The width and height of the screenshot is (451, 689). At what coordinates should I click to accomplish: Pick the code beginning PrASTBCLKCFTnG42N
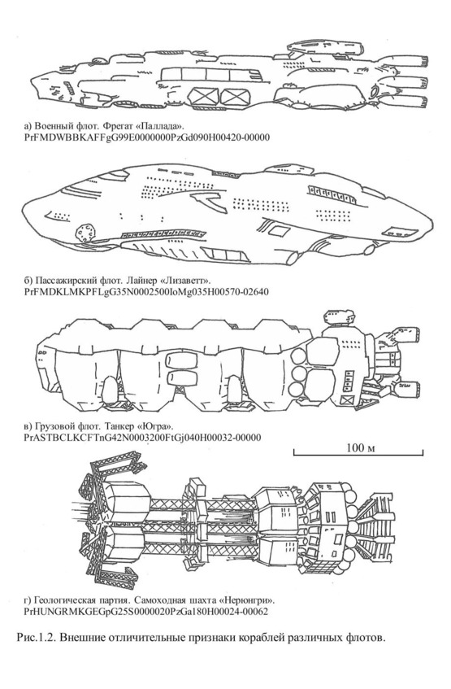pyautogui.click(x=142, y=438)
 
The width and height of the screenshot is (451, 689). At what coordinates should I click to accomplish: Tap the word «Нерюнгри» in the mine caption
pyautogui.click(x=248, y=600)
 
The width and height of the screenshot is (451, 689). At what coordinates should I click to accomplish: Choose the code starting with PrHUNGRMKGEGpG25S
pyautogui.click(x=145, y=612)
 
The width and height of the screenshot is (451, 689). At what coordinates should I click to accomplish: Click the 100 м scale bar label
pyautogui.click(x=360, y=447)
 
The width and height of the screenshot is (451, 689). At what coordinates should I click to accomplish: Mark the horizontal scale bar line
pyautogui.click(x=358, y=454)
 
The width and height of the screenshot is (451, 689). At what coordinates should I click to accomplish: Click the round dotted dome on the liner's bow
pyautogui.click(x=85, y=233)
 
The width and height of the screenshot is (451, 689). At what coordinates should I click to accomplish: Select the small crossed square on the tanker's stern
pyautogui.click(x=347, y=400)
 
